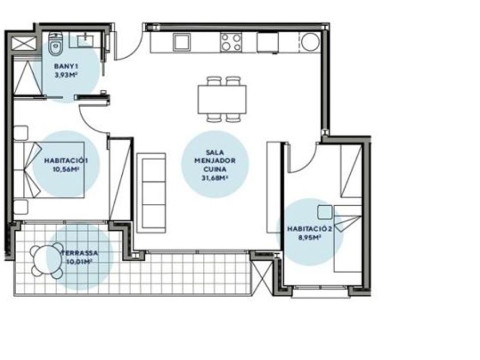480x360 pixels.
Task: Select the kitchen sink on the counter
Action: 182,42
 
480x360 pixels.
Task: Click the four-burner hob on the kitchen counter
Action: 231,42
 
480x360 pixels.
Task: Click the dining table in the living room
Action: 222,99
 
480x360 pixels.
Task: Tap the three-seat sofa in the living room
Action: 151,193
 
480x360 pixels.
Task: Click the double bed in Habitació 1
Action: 49,170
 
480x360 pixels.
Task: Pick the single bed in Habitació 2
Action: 348,239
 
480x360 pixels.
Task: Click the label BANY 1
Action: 66,66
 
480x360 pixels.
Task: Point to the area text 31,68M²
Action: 215,178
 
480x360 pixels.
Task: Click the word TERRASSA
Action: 80,253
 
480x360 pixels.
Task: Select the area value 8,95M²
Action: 310,237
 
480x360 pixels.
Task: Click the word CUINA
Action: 215,169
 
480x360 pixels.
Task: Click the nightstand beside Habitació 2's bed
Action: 325,212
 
